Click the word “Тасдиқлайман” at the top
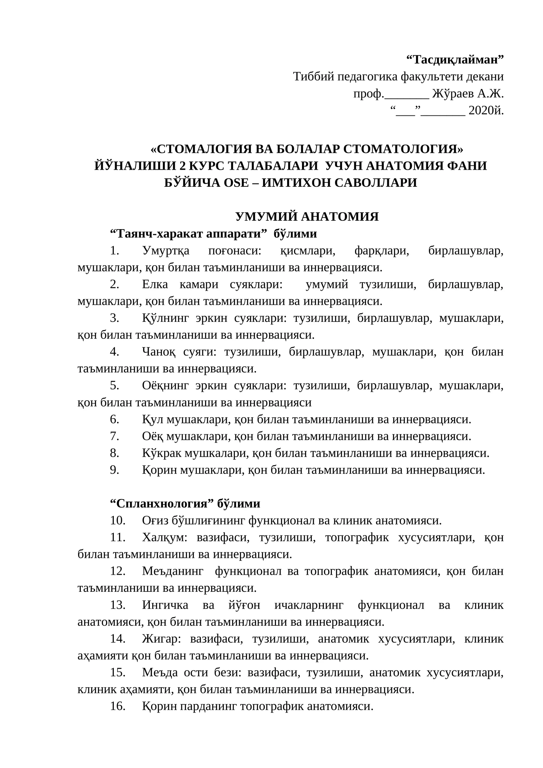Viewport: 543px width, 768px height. click(x=455, y=60)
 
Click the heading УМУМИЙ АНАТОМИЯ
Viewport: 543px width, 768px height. click(x=307, y=216)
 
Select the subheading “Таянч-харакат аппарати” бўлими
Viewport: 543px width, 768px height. click(x=214, y=234)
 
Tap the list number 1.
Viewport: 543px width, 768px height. click(x=114, y=251)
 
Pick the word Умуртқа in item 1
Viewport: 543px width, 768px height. click(x=166, y=251)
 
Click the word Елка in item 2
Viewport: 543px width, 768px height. click(x=155, y=284)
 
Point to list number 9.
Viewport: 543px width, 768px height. click(x=114, y=470)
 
